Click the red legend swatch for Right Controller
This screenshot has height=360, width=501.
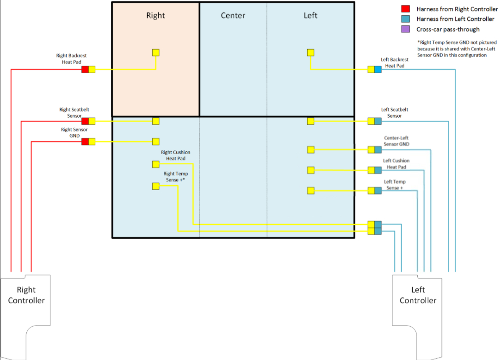click(405, 9)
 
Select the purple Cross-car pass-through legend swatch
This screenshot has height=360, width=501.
click(405, 29)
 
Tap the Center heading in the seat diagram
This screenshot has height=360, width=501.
click(233, 15)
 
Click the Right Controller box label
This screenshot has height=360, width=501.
click(26, 295)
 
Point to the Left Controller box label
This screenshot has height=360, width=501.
click(418, 295)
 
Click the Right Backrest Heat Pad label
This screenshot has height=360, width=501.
click(71, 59)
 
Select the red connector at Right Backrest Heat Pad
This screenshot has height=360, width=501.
click(85, 69)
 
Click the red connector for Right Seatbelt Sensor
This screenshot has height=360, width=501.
click(85, 121)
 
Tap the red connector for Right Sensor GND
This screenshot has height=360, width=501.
click(85, 142)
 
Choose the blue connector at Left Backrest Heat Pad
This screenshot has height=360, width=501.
click(378, 69)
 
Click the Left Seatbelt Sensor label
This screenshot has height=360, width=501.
click(395, 113)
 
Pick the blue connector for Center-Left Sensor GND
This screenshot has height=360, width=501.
click(378, 149)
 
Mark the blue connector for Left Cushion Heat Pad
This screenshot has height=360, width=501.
click(378, 170)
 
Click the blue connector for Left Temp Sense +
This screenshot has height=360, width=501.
click(378, 190)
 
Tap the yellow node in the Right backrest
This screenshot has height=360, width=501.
click(156, 53)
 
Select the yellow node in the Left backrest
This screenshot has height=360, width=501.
click(311, 53)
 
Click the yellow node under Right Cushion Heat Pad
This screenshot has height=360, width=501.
click(156, 164)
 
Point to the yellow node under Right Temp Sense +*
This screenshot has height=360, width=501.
click(156, 186)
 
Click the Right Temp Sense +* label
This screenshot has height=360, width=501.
click(175, 177)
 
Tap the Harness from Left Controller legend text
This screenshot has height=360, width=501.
click(455, 19)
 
